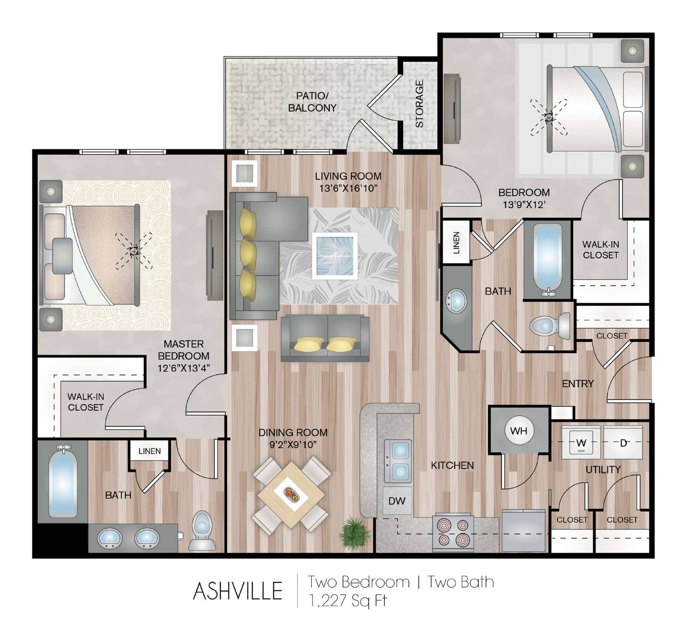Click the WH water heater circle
(x=519, y=430)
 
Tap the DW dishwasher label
(x=397, y=501)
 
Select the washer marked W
(x=581, y=442)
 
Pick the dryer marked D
(x=623, y=442)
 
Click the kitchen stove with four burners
(x=453, y=533)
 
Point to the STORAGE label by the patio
(x=419, y=104)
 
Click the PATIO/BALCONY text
(x=312, y=102)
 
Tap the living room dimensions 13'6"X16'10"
(x=348, y=188)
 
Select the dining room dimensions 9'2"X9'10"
(x=293, y=445)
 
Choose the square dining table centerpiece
(x=292, y=494)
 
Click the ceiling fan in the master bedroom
(x=134, y=251)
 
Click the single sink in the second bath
(x=456, y=301)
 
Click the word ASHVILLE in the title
(x=237, y=591)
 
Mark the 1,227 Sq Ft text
(x=348, y=600)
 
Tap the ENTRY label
(x=578, y=384)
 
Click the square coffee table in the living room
(x=335, y=256)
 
